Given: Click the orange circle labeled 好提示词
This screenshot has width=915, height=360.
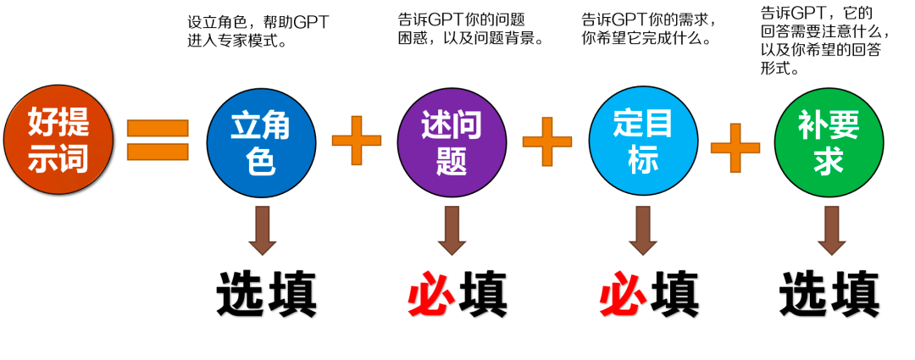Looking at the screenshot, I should (x=58, y=140).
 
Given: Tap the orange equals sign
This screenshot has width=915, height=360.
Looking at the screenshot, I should (x=158, y=140).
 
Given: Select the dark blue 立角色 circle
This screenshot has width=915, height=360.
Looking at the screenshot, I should (x=261, y=142).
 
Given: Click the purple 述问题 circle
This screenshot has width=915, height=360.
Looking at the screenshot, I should (x=452, y=142).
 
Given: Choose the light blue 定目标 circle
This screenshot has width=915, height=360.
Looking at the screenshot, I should (x=643, y=141).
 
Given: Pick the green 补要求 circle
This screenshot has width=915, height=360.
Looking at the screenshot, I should (x=829, y=142).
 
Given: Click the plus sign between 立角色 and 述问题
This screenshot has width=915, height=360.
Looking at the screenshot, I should (x=357, y=141).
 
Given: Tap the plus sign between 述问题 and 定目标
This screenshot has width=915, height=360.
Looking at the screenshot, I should (x=547, y=141).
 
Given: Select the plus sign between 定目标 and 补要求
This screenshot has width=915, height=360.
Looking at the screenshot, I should (x=735, y=147).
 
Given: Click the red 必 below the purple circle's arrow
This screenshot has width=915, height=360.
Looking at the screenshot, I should (x=430, y=296).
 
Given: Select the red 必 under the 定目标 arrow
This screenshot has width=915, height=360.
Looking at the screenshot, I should (x=622, y=296).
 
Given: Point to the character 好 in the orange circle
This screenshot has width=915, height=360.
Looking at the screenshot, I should (x=42, y=122).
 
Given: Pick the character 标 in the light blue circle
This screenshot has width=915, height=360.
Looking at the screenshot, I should (x=643, y=159).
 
